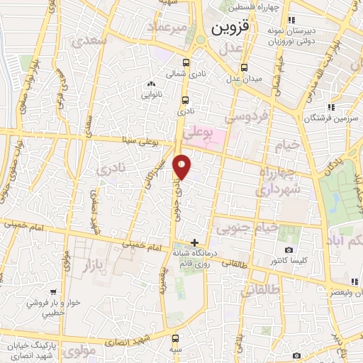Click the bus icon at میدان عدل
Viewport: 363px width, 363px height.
click(244, 67)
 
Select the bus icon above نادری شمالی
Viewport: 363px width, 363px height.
click(186, 62)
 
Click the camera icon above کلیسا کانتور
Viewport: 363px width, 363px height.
click(289, 250)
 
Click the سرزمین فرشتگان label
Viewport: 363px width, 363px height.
click(328, 118)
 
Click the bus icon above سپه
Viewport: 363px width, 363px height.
click(175, 338)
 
